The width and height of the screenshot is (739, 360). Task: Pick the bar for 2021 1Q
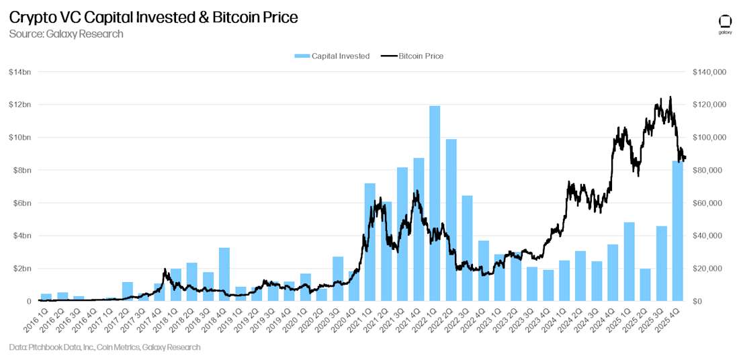(370, 242)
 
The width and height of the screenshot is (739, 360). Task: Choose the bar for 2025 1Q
(629, 261)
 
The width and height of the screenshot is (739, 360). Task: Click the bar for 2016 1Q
(46, 297)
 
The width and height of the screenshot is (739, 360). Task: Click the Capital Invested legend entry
(332, 56)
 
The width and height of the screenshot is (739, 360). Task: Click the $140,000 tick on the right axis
(708, 72)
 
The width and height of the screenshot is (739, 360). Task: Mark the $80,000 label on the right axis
(707, 171)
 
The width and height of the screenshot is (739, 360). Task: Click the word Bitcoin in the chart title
(236, 17)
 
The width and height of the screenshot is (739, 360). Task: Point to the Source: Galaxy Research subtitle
(66, 34)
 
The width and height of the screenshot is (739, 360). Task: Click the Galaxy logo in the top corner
(725, 23)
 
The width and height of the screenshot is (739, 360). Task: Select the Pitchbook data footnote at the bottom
(105, 347)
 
